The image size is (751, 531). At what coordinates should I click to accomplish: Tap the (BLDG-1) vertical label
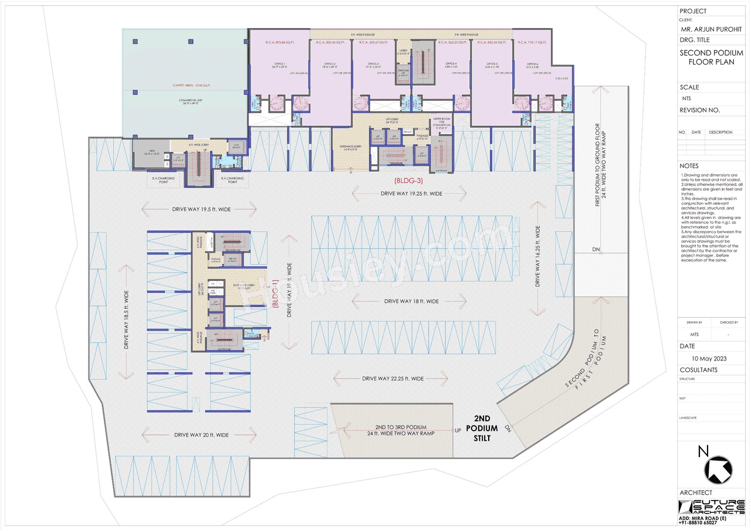point(275,304)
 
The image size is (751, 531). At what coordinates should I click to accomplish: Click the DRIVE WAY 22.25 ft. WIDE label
point(393,379)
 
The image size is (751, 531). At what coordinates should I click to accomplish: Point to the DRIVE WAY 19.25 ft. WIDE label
point(411,193)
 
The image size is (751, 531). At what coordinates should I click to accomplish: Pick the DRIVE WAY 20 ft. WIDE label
point(201,435)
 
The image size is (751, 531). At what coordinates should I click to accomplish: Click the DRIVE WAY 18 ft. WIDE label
point(411,301)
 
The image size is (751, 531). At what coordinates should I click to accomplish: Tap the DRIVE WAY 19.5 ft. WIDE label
point(199,209)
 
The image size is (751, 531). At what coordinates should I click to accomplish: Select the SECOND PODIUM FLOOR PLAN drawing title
point(706,57)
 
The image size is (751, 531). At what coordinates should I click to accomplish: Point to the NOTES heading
point(689,166)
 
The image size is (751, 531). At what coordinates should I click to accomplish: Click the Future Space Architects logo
point(711,508)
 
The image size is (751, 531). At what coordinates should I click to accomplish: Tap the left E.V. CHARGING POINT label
point(160,180)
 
